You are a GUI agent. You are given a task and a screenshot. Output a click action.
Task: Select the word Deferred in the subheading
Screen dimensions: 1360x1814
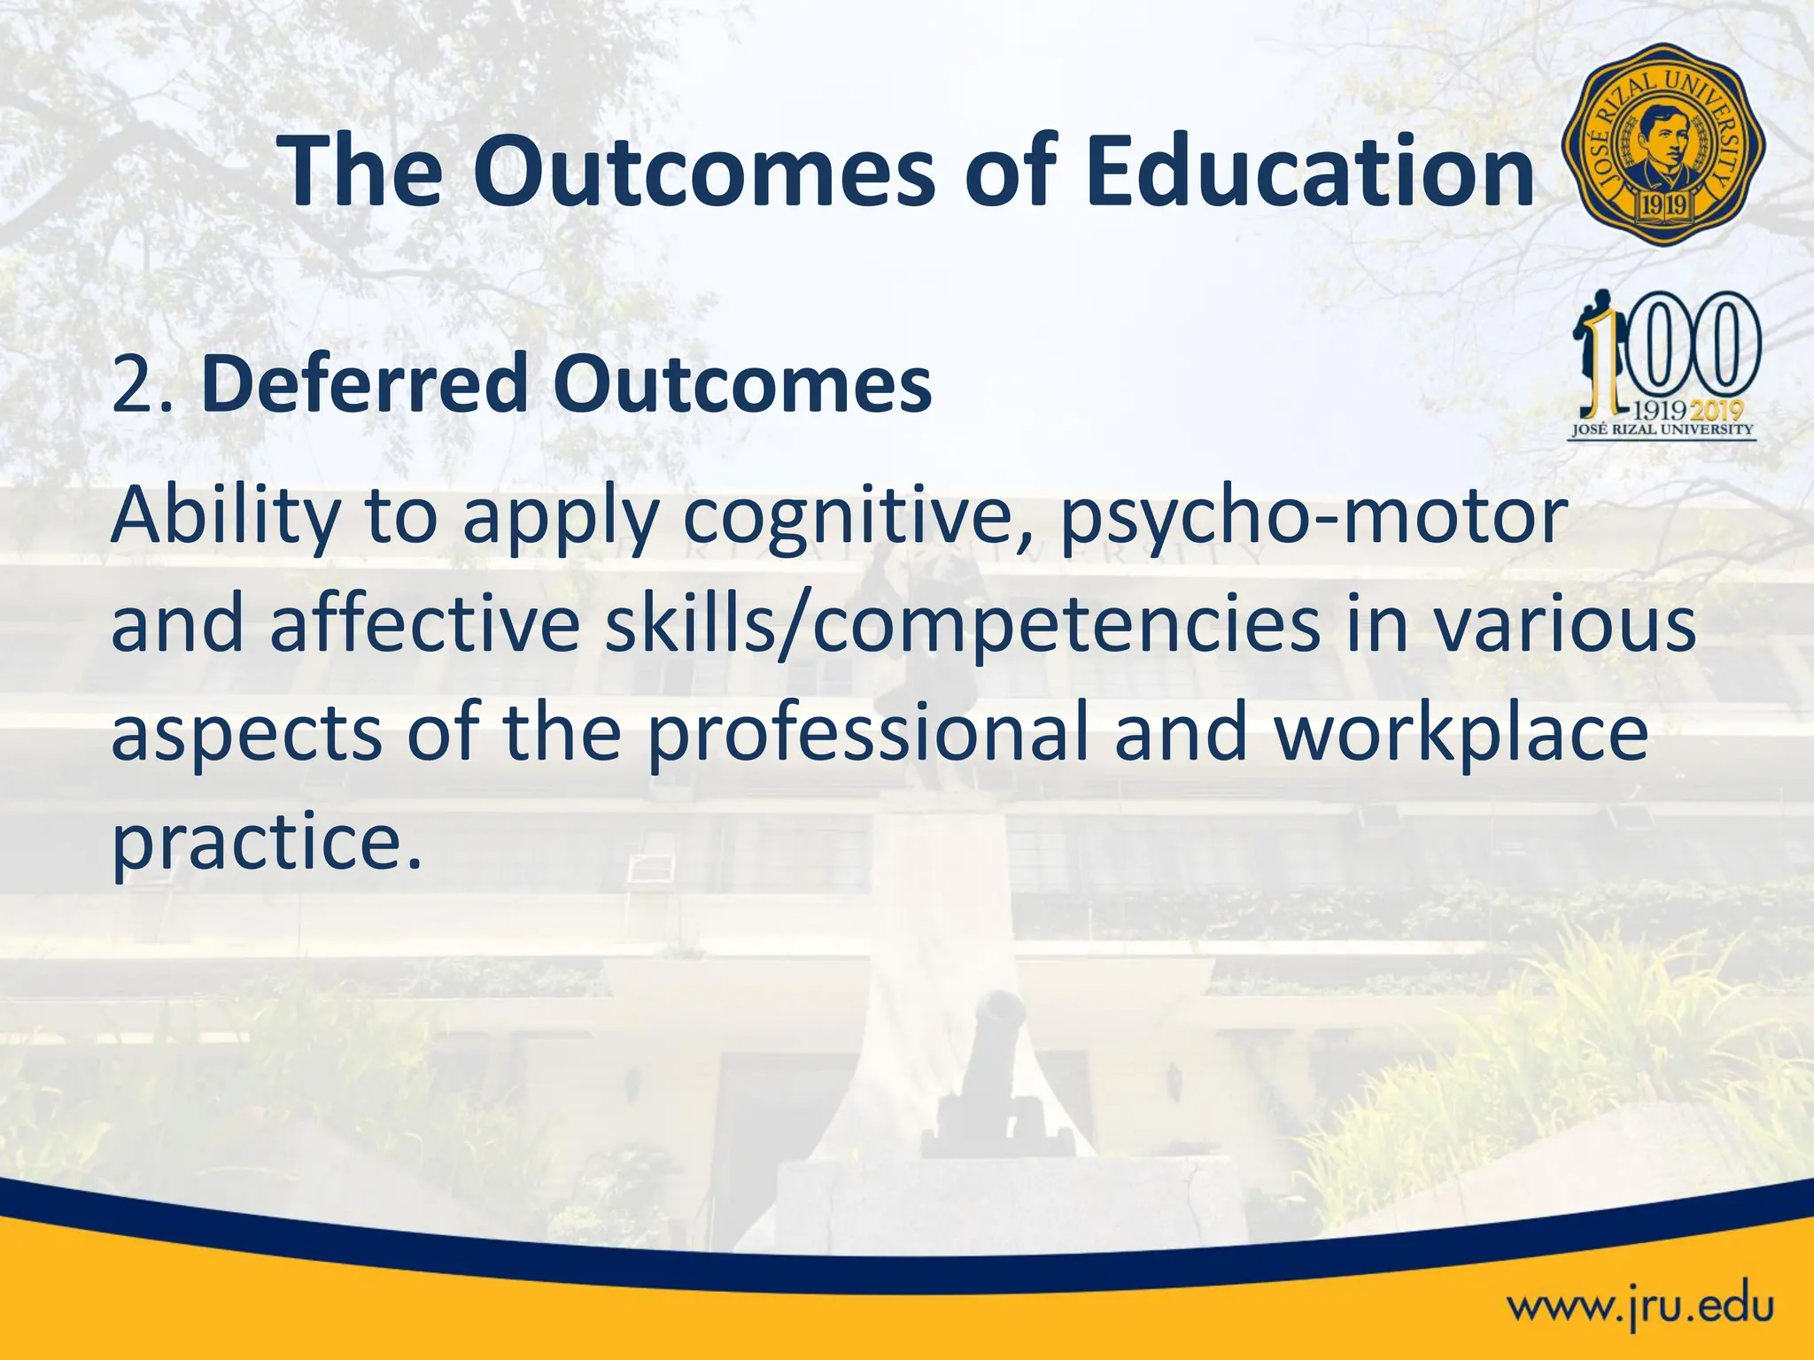pos(365,384)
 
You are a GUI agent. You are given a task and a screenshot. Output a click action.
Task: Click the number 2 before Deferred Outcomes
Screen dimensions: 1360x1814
pos(135,386)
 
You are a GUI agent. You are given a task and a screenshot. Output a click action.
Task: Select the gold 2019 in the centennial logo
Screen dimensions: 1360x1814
pos(1718,410)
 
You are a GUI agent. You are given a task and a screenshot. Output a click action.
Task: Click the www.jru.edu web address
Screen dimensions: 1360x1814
pos(1640,1308)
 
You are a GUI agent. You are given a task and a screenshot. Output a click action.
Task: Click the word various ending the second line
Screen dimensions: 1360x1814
pos(1564,625)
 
